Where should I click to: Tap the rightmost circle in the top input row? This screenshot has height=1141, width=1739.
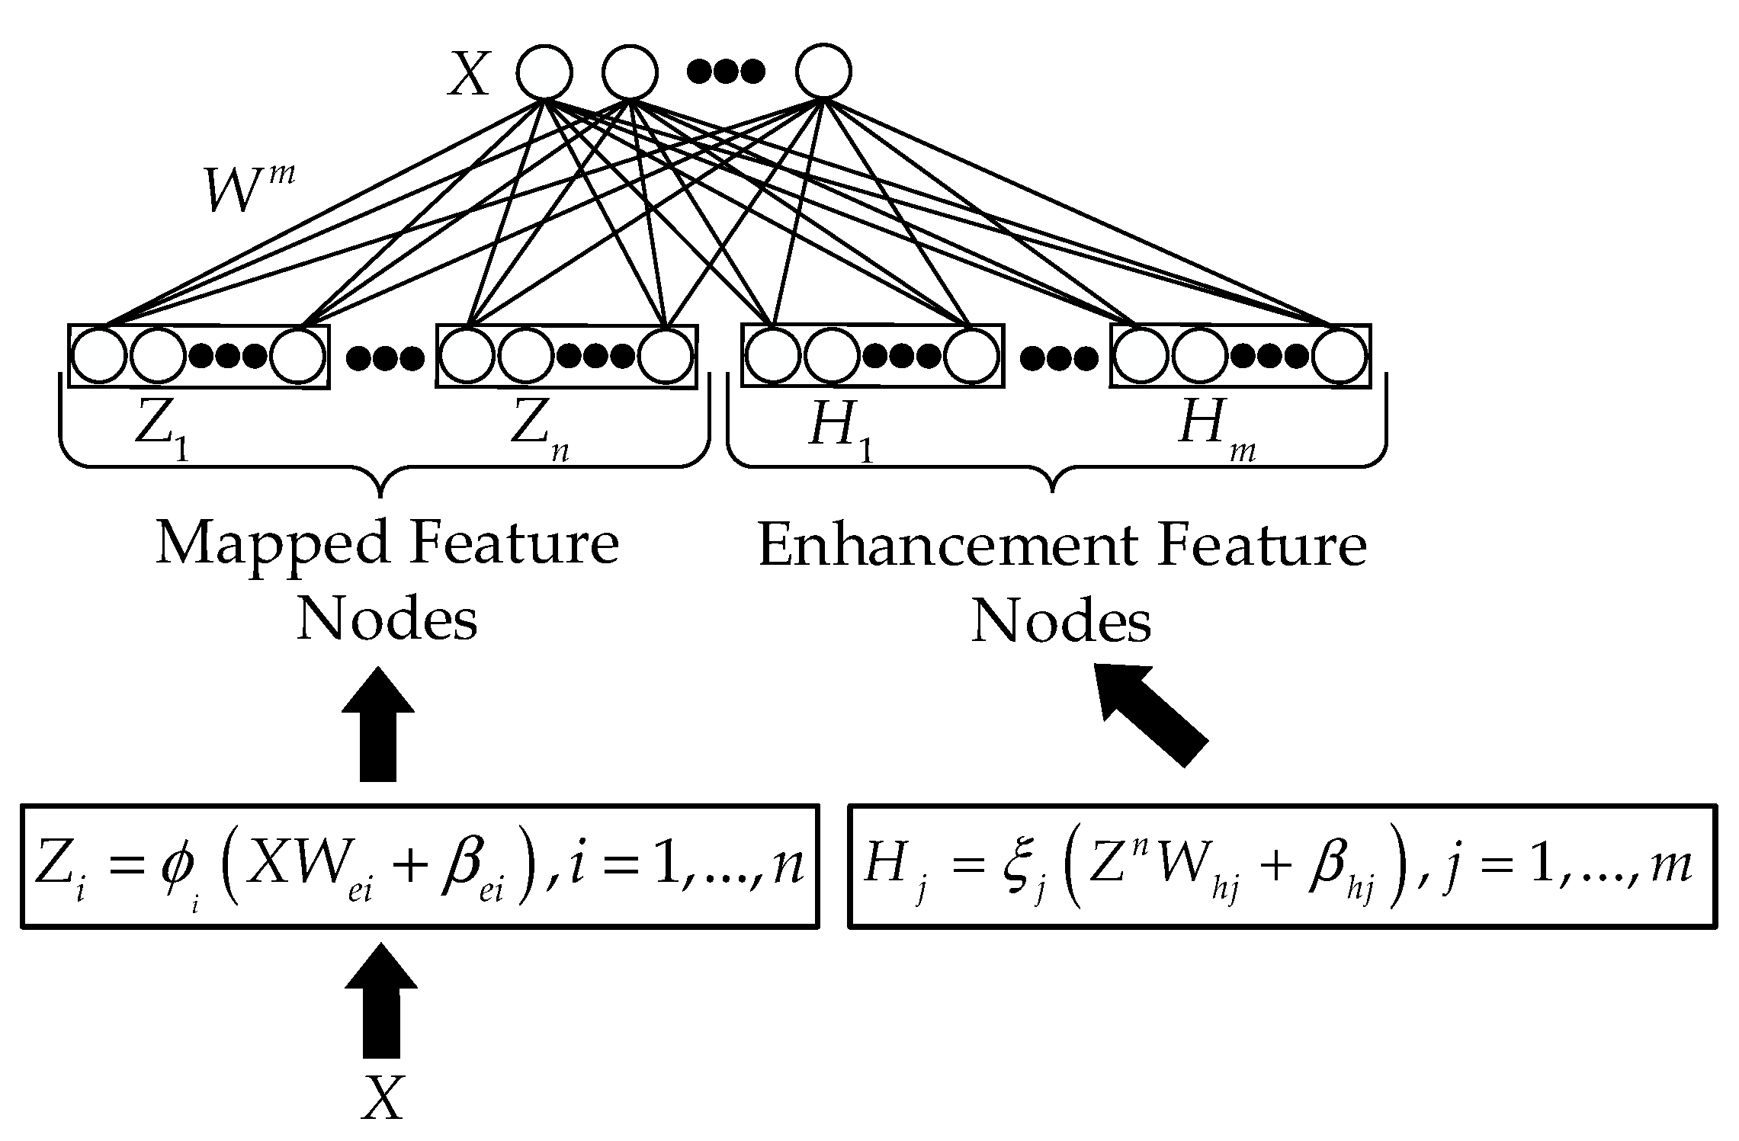823,72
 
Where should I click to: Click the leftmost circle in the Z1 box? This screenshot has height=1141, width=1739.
99,356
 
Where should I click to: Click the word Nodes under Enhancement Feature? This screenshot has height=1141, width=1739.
1060,622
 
